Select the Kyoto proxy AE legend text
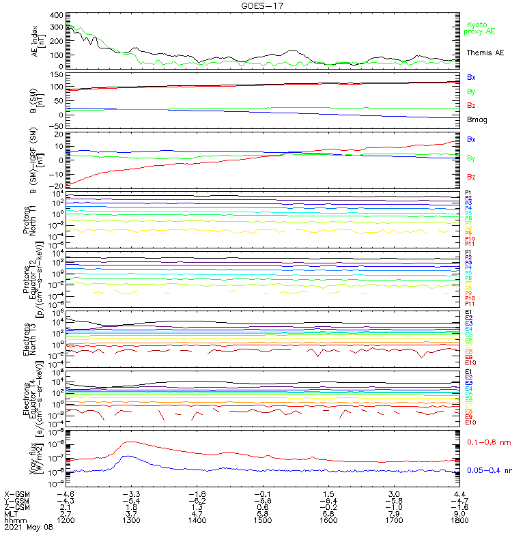tap(480, 28)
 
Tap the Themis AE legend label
tap(484, 53)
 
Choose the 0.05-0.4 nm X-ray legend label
tap(487, 470)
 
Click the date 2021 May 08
tap(29, 528)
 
